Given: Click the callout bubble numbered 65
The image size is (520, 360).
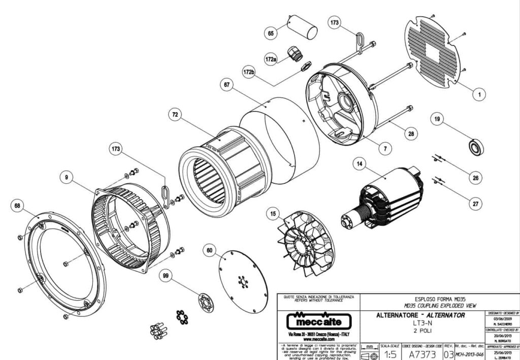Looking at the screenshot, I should [271, 33].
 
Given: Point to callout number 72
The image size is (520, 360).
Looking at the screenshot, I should [175, 115].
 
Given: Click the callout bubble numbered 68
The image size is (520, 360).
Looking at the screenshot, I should [18, 206].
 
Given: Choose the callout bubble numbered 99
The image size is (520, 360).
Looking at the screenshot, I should [165, 275].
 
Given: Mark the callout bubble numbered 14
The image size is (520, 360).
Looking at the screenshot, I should [360, 164].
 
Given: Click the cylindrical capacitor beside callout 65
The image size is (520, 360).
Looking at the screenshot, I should [303, 26].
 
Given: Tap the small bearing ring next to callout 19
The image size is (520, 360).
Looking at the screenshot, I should [475, 148].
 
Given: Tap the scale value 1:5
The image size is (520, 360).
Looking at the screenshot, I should [389, 353].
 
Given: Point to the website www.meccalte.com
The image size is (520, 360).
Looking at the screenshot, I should [318, 339].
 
